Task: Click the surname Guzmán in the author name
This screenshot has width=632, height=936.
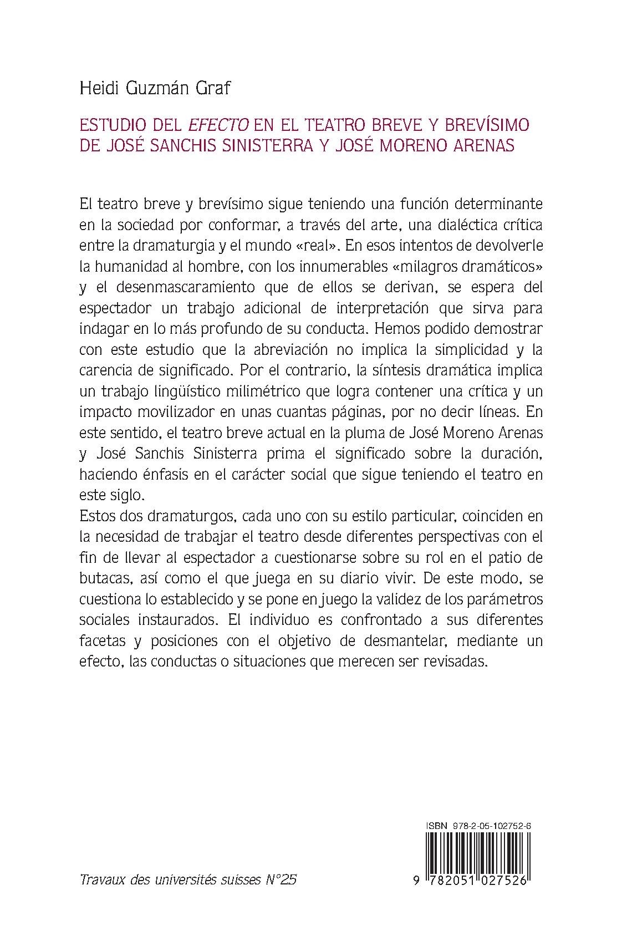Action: click(x=151, y=88)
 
